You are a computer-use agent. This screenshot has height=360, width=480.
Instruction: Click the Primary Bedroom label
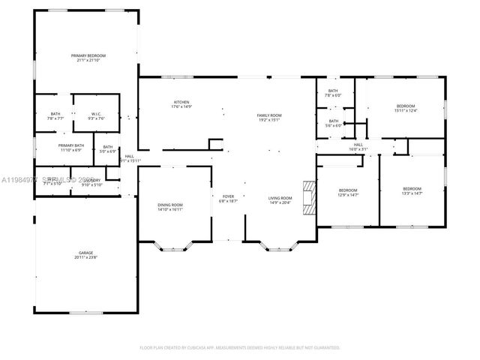(x=88, y=55)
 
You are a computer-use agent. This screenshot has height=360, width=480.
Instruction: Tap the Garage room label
(x=86, y=253)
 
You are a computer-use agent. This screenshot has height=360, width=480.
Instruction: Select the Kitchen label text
(x=181, y=102)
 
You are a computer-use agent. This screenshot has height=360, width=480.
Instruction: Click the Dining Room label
(x=169, y=205)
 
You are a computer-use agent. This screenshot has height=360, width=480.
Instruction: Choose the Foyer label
(x=227, y=198)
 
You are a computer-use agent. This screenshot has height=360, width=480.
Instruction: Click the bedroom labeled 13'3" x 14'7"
(x=412, y=190)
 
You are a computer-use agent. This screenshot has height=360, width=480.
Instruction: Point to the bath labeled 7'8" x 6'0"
(x=333, y=92)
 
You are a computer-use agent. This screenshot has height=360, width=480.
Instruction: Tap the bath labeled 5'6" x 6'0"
(x=333, y=123)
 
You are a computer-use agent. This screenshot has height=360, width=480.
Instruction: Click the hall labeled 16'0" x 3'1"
(x=358, y=147)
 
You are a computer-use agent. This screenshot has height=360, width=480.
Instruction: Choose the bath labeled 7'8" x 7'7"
(x=55, y=115)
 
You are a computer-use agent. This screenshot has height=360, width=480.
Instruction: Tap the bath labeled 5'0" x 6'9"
(x=108, y=148)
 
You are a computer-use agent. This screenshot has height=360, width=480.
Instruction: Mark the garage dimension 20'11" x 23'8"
(x=86, y=257)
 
